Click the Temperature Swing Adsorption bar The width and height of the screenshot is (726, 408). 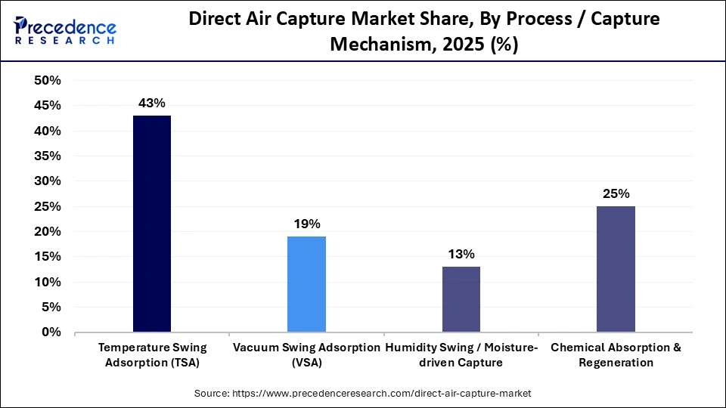152,224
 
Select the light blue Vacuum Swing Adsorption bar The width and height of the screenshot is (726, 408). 306,284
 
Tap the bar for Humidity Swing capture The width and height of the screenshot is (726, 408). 461,299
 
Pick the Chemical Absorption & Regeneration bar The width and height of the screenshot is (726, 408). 616,269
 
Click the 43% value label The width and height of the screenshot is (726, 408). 152,103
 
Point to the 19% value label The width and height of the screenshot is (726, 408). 306,224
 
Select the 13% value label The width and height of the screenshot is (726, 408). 461,254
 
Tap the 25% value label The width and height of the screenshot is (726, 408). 616,193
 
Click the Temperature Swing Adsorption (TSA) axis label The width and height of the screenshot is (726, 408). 152,354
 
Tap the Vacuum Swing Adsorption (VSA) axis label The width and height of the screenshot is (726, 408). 306,354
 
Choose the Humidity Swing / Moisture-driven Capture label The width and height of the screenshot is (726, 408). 461,354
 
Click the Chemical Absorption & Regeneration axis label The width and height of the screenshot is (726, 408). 616,354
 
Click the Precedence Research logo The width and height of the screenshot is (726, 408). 65,30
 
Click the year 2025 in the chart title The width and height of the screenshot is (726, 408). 451,44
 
